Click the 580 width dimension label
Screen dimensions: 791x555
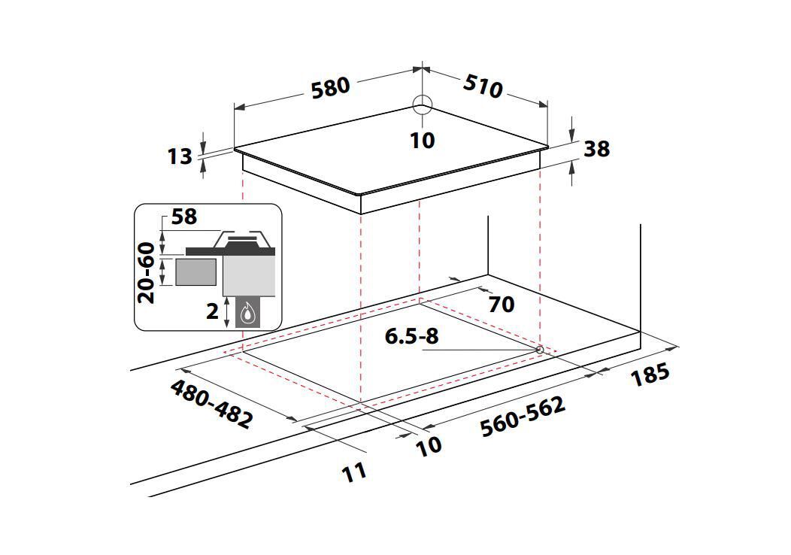click(x=330, y=88)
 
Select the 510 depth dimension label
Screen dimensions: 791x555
click(x=483, y=86)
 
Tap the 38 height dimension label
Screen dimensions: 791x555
click(x=597, y=149)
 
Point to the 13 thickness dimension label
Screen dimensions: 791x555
click(x=180, y=156)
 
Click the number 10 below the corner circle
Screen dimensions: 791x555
click(x=423, y=141)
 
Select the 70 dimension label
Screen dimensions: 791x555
click(x=502, y=304)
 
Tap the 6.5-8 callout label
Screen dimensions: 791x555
click(x=411, y=336)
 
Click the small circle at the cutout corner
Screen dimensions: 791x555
click(x=540, y=350)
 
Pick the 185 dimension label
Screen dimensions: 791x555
click(x=650, y=375)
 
